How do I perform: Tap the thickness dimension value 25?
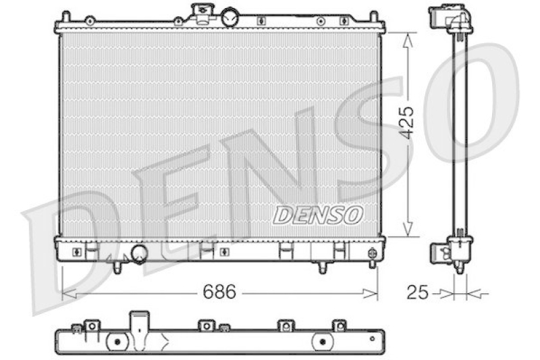[x=418, y=292]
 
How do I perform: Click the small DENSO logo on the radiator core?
[x=318, y=215]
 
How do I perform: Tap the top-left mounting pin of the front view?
[x=65, y=16]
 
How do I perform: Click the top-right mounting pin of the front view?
[x=373, y=16]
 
